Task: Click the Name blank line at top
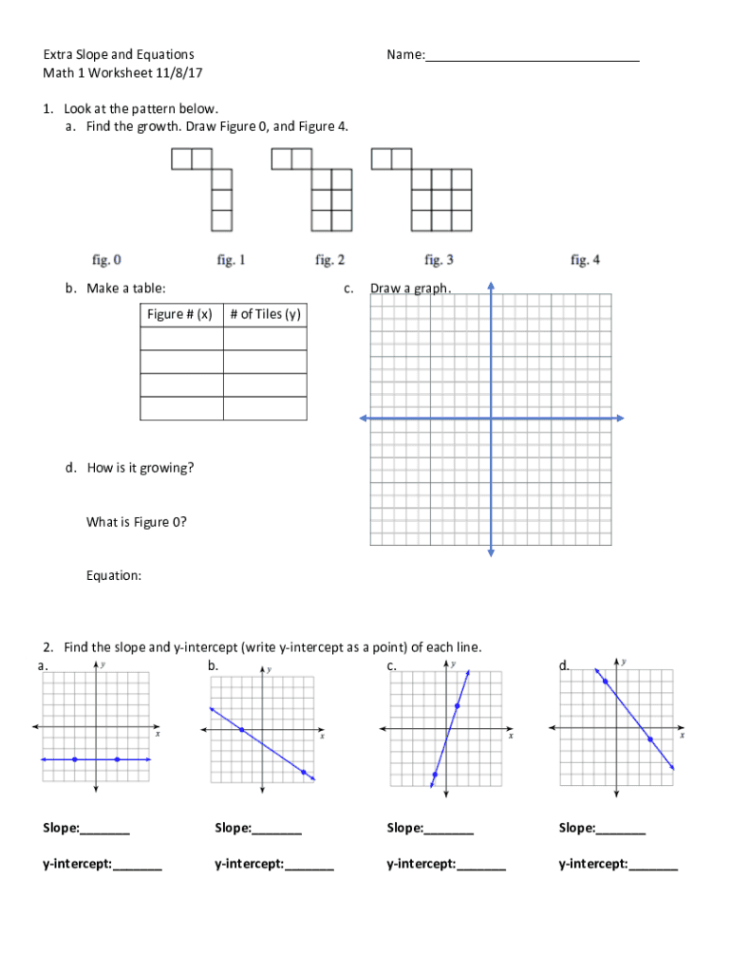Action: click(532, 58)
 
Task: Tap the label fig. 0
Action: click(106, 259)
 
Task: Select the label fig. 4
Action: click(585, 259)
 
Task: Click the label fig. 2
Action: click(329, 259)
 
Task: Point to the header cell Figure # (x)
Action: click(181, 315)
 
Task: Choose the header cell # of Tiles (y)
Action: click(265, 315)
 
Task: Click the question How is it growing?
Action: click(141, 468)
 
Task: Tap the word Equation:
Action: click(114, 575)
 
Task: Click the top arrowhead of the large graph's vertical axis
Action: click(491, 285)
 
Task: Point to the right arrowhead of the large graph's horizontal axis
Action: click(620, 418)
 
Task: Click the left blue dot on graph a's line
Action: click(74, 759)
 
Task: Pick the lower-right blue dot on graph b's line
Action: click(304, 773)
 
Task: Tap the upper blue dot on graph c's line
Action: click(458, 705)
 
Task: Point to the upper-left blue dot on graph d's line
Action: click(605, 681)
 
